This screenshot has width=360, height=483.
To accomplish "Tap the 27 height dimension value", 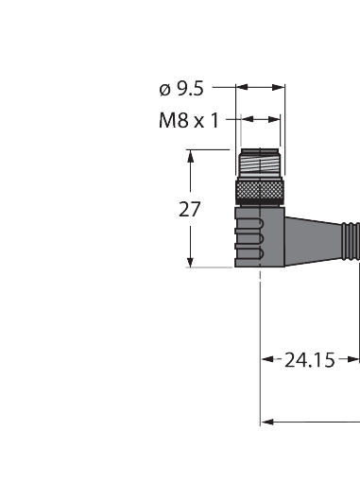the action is pos(190,209).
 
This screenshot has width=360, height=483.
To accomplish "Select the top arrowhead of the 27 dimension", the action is pos(192,155).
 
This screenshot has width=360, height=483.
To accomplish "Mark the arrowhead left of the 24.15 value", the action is pos(268,359).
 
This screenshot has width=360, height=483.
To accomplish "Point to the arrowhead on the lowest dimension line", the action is pos(266,421).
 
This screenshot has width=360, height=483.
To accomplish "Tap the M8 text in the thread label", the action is pos(172,120).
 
